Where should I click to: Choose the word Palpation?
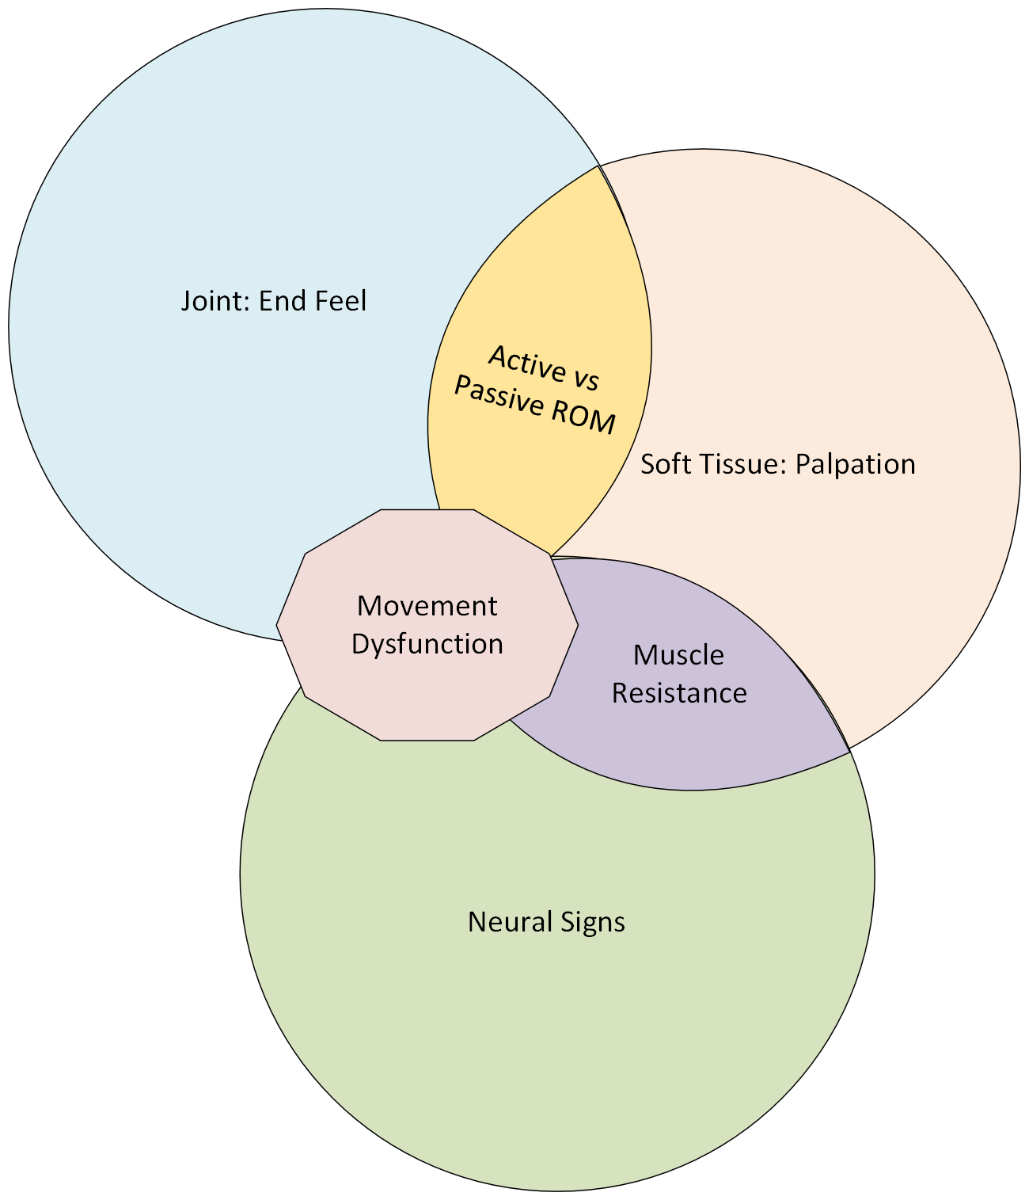(x=855, y=464)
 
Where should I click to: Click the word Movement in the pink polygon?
(x=427, y=606)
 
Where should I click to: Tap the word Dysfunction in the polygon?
(x=427, y=644)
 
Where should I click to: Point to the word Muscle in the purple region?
(x=678, y=655)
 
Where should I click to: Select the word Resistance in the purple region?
(x=678, y=693)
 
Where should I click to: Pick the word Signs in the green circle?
(x=592, y=923)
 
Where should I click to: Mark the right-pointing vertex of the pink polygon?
(x=577, y=625)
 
